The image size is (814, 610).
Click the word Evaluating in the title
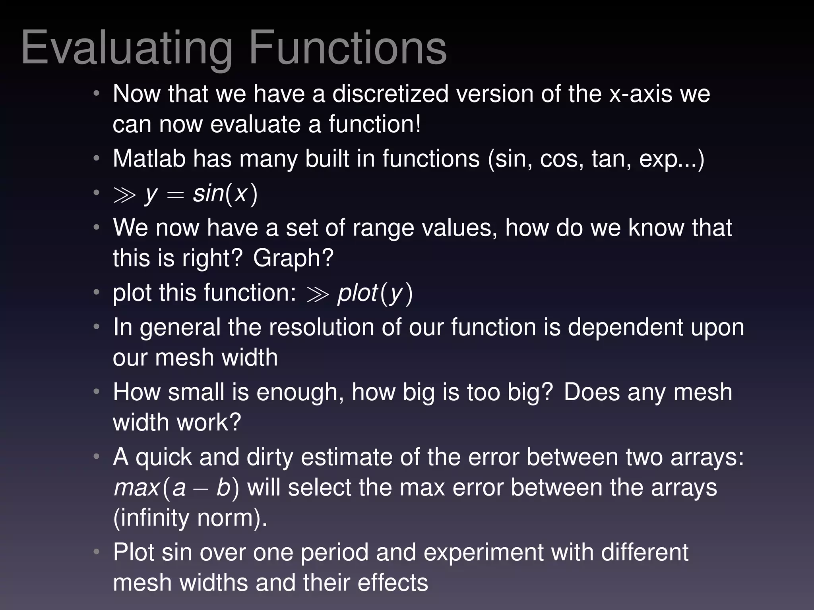coord(126,48)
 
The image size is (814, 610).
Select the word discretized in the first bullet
coord(390,94)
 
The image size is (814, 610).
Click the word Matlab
coord(149,159)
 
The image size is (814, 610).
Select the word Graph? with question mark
coord(293,258)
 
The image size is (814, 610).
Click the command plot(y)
coord(375,293)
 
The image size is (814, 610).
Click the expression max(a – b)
coord(176,488)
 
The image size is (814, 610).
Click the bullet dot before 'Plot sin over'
coord(97,552)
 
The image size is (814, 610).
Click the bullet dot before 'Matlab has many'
coord(97,159)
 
